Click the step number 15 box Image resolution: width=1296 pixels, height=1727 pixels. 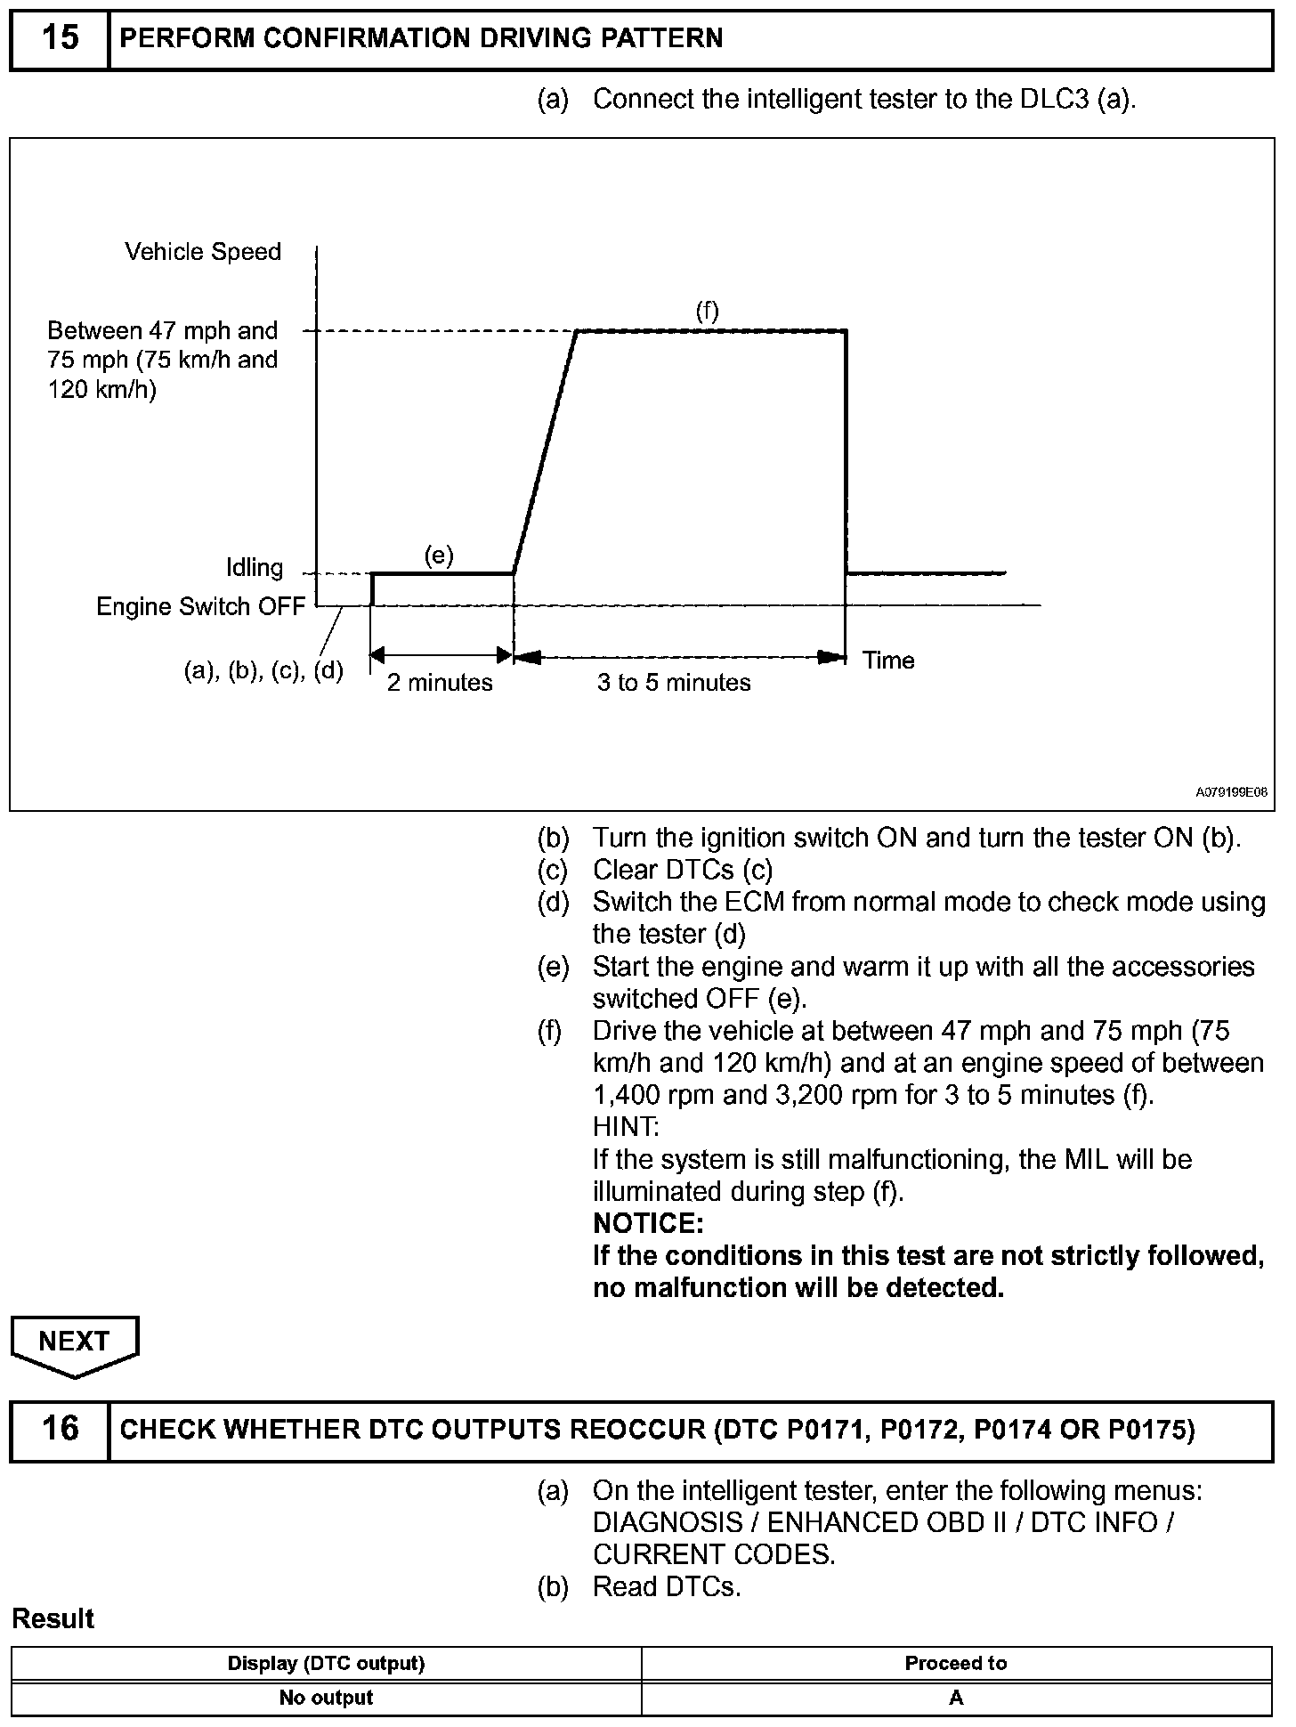pyautogui.click(x=60, y=38)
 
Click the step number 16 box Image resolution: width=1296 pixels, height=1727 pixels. pyautogui.click(x=60, y=1429)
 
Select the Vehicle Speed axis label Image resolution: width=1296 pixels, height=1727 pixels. pyautogui.click(x=203, y=252)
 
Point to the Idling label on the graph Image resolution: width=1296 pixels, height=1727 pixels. pyautogui.click(x=255, y=568)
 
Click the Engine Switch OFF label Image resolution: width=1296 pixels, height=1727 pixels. pyautogui.click(x=200, y=607)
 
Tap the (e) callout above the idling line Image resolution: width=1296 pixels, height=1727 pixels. pyautogui.click(x=439, y=556)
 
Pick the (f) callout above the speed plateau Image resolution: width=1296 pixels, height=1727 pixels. pyautogui.click(x=707, y=311)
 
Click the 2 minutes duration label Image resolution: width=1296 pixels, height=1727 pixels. pyautogui.click(x=440, y=683)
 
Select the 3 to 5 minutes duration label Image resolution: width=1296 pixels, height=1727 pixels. pyautogui.click(x=674, y=683)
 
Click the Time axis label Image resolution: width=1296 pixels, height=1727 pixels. pyautogui.click(x=888, y=661)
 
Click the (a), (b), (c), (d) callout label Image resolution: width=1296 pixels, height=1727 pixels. pyautogui.click(x=263, y=670)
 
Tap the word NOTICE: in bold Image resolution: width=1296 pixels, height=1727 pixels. pyautogui.click(x=648, y=1224)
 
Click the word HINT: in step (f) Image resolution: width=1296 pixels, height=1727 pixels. pyautogui.click(x=626, y=1127)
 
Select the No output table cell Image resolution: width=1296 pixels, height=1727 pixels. pyautogui.click(x=326, y=1698)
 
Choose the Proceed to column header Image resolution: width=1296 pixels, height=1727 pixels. pyautogui.click(x=956, y=1663)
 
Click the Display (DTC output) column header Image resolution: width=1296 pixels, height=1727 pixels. pyautogui.click(x=326, y=1663)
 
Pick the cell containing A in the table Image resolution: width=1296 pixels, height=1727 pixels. pyautogui.click(x=956, y=1698)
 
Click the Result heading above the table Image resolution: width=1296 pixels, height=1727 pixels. pyautogui.click(x=53, y=1618)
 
